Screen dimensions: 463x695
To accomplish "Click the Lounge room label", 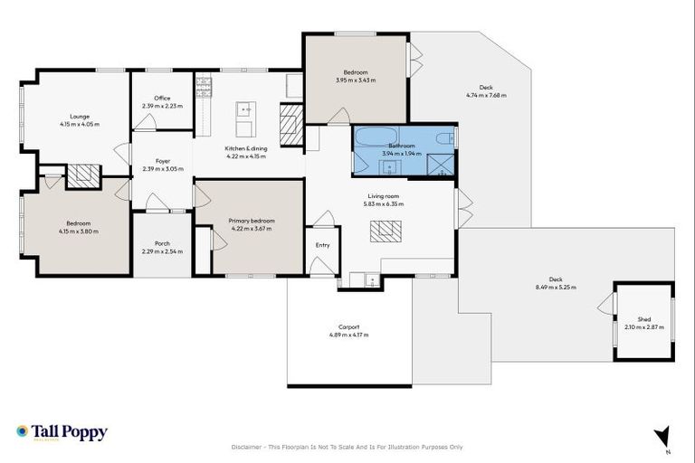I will [80, 116].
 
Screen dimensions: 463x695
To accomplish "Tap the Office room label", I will [162, 99].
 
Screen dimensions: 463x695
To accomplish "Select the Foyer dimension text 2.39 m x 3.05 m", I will [162, 169].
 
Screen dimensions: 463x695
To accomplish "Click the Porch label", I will [162, 242].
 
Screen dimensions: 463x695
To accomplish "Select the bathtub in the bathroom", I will [372, 139].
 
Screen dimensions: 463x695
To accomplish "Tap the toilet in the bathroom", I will [443, 139].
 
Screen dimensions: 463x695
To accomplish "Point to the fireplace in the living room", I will [386, 231].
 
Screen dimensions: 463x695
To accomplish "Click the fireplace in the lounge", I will [82, 175].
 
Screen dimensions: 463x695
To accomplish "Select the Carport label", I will [348, 326].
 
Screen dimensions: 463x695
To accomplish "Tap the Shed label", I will [643, 319].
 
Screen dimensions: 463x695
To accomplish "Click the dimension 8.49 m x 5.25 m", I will [556, 288].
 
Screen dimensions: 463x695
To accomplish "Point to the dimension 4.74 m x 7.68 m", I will [486, 95].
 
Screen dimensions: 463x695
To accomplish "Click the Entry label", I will [323, 245].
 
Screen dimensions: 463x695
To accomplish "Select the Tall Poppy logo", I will [62, 433].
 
